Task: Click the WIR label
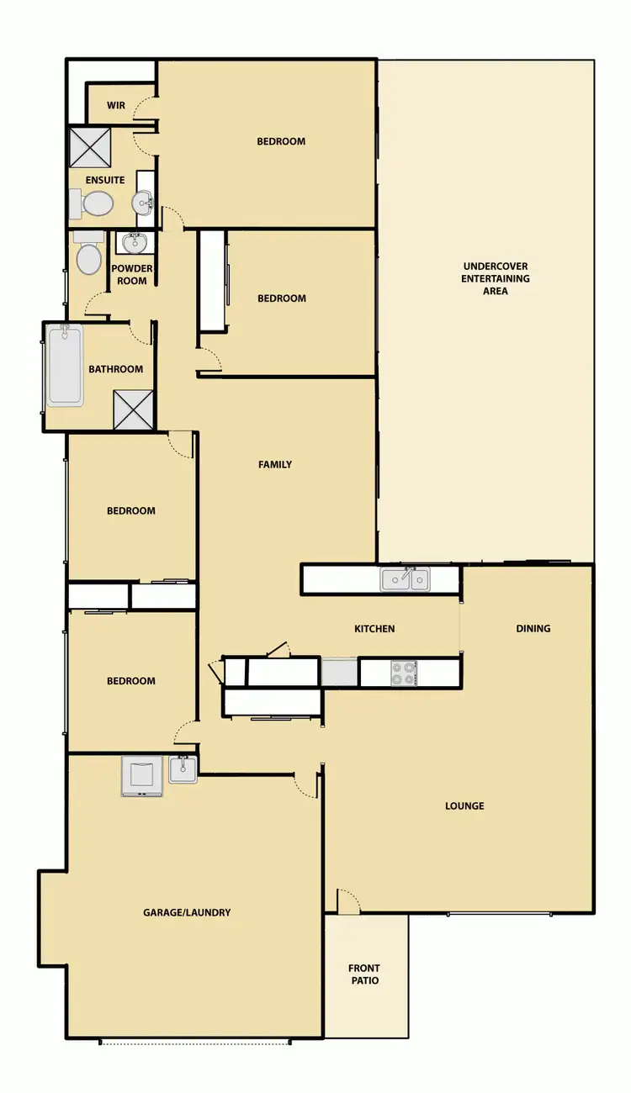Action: click(116, 106)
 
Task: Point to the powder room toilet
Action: click(88, 256)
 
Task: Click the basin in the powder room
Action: click(133, 242)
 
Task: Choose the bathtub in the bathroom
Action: click(65, 366)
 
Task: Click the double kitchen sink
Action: click(405, 579)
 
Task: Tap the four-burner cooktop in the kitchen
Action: click(404, 673)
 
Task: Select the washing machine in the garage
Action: click(142, 776)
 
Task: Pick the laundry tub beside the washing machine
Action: click(183, 768)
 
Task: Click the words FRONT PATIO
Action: click(364, 974)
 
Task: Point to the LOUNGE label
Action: click(464, 806)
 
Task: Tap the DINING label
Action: click(533, 628)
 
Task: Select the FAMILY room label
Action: click(275, 464)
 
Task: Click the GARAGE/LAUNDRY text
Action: click(187, 912)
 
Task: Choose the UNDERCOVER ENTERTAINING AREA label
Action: click(496, 278)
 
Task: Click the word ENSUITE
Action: click(105, 180)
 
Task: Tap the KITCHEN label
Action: click(374, 629)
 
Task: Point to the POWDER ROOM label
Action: click(133, 275)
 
